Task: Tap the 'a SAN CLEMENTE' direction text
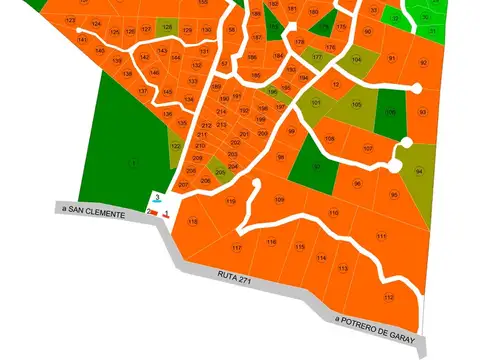pos(92,212)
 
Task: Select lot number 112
pos(389,297)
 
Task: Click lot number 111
pos(381,235)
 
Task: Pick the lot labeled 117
pos(237,247)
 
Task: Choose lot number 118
pos(193,221)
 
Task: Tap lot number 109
pos(279,199)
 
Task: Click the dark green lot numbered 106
pos(390,111)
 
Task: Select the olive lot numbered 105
pos(357,105)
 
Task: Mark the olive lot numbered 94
pos(419,172)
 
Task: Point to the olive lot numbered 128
pos(166,27)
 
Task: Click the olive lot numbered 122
pos(176,147)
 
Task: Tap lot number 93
pos(422,112)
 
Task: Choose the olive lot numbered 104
pos(357,60)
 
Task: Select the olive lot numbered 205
pos(220,172)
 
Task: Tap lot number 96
pos(357,184)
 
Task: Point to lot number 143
pos(162,51)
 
